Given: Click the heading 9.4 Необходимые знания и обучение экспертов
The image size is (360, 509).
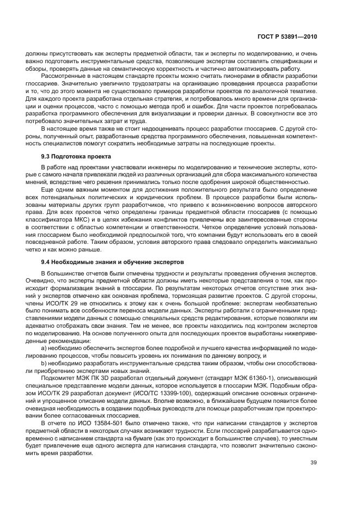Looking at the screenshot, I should click(x=109, y=261).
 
